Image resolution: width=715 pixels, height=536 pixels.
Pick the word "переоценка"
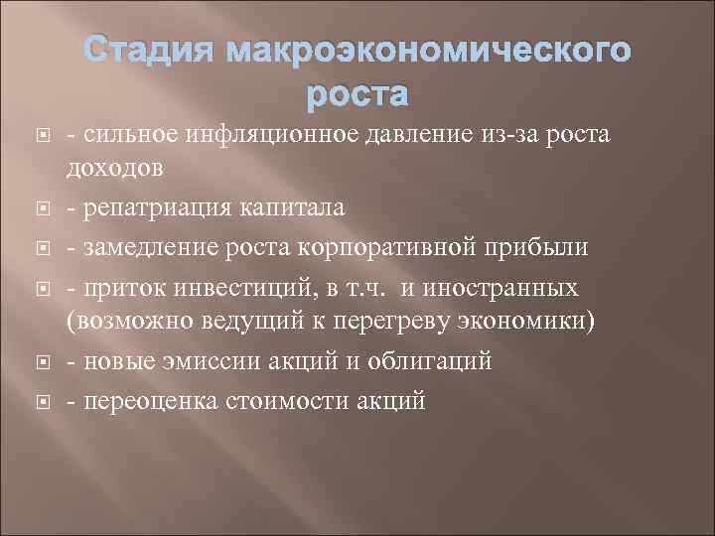point(139,401)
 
